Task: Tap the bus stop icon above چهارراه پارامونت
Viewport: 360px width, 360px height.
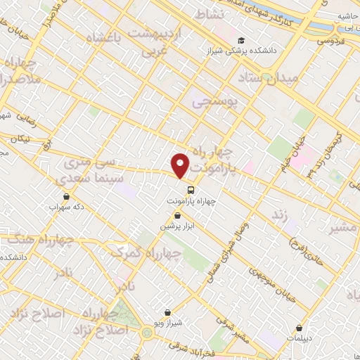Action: [x=191, y=190]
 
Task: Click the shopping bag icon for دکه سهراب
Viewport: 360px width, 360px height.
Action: [x=66, y=196]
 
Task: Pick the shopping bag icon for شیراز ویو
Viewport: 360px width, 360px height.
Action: [x=167, y=311]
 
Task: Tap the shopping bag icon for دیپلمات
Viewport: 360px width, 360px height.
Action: [x=300, y=328]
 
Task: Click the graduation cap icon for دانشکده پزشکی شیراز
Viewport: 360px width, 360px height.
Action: [x=241, y=41]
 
